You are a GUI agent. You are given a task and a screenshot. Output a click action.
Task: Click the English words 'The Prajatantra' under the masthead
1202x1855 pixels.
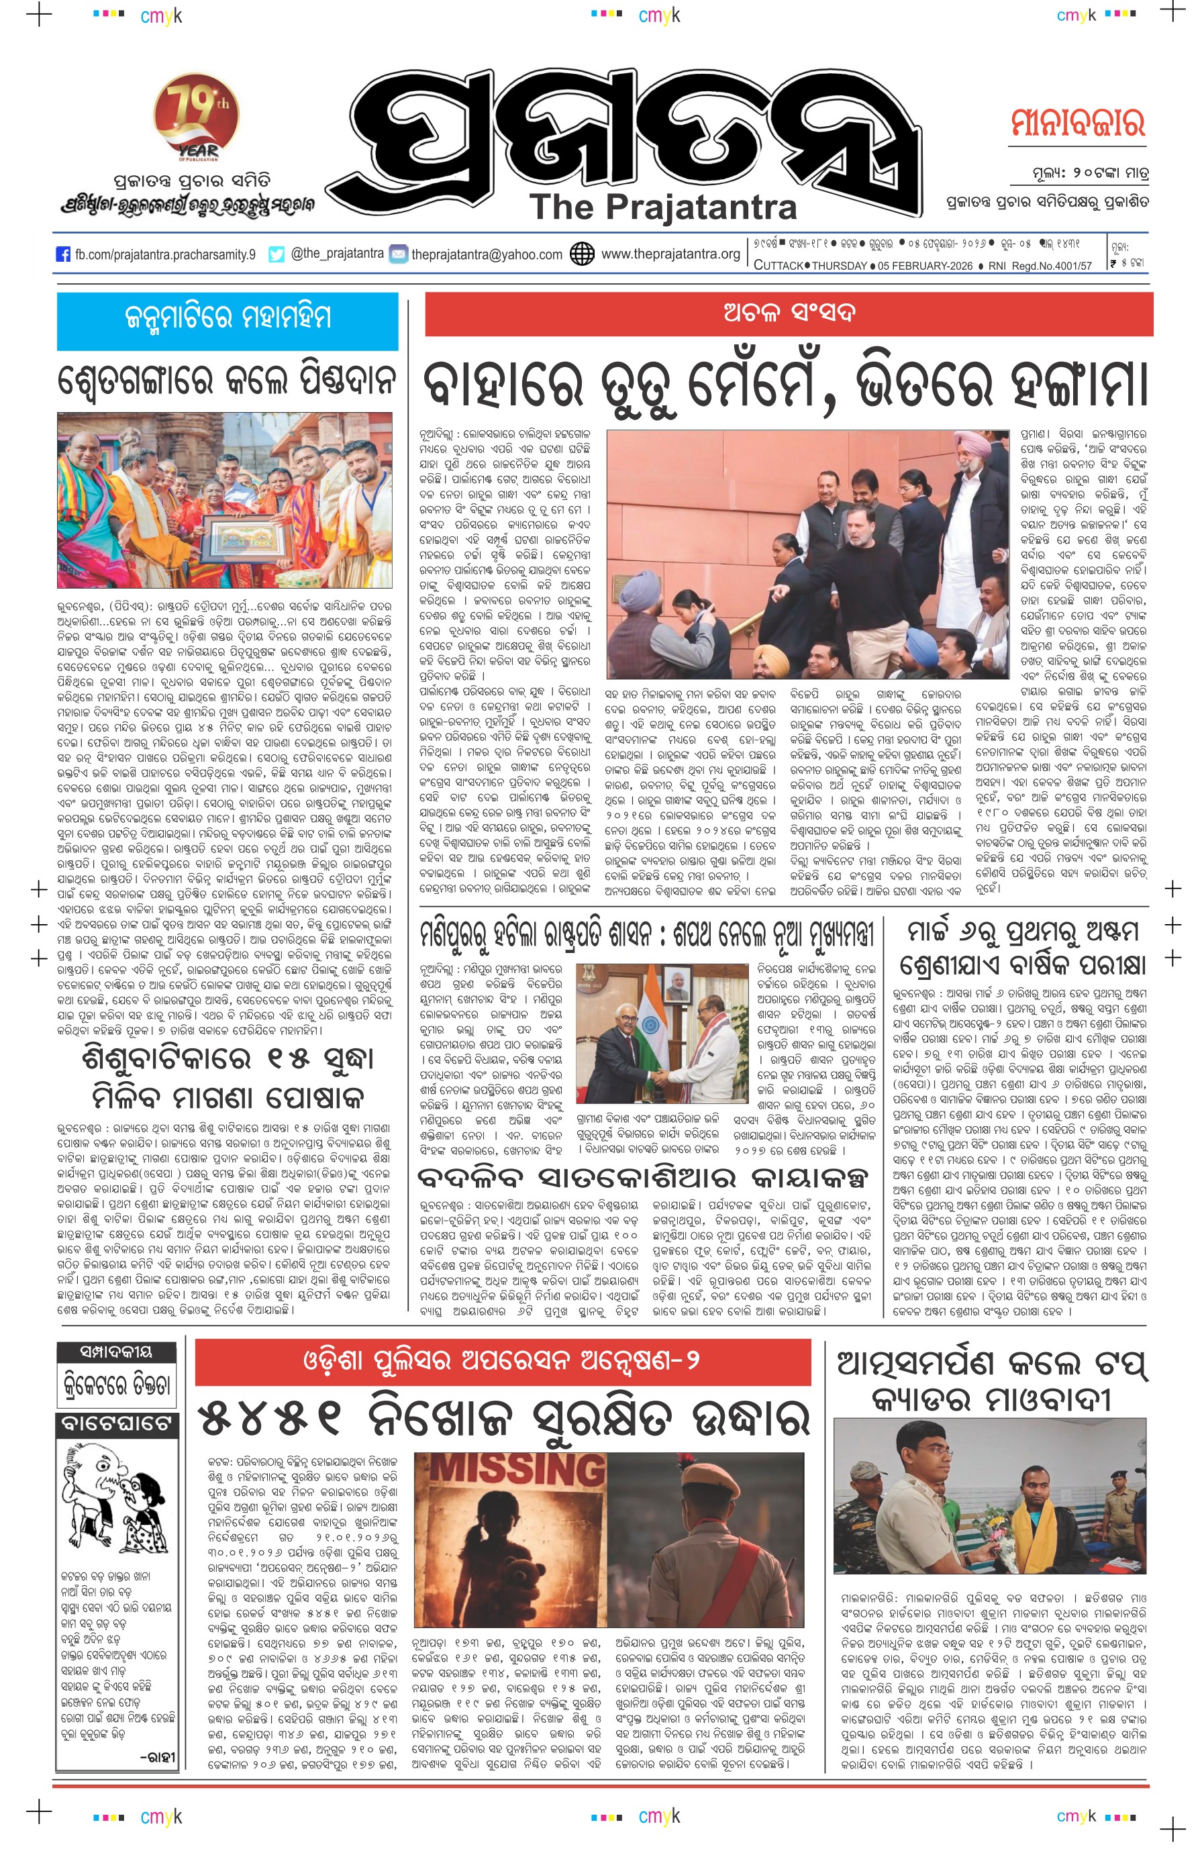click(x=662, y=207)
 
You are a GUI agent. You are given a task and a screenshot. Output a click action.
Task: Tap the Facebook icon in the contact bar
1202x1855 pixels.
click(x=63, y=254)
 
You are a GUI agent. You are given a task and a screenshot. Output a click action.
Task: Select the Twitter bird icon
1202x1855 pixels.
click(x=276, y=254)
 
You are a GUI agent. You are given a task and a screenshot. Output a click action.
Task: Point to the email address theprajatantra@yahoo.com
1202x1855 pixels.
click(x=487, y=254)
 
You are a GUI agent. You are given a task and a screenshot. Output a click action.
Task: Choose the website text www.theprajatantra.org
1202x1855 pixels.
click(x=670, y=254)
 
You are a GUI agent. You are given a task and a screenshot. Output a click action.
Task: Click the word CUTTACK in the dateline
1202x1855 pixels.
click(x=777, y=266)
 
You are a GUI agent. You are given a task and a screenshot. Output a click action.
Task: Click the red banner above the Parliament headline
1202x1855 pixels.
click(x=788, y=314)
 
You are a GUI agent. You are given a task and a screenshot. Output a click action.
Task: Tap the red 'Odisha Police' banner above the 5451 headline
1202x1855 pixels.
click(x=502, y=1362)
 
